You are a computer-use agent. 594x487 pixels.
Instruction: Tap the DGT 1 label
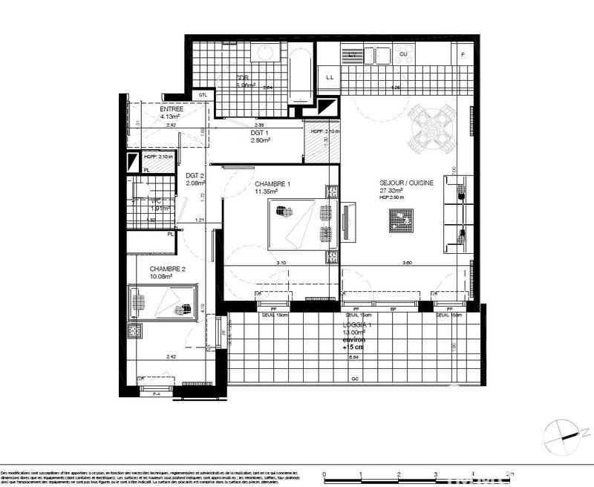click(x=261, y=132)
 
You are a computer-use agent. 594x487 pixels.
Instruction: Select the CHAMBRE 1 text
click(x=273, y=183)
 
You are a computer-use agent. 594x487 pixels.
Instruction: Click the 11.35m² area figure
click(x=267, y=192)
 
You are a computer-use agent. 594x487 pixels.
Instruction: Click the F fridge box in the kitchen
click(x=463, y=54)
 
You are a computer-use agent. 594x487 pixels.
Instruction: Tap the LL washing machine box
click(x=328, y=77)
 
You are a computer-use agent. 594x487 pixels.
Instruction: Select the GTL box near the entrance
click(x=202, y=95)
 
